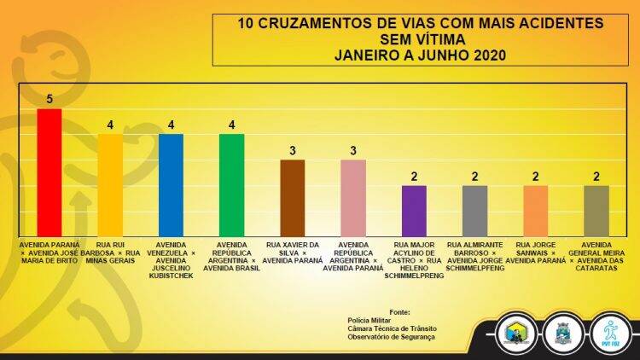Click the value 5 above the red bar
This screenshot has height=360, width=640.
49,99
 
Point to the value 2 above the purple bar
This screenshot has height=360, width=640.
414,177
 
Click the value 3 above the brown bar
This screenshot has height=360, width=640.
293,151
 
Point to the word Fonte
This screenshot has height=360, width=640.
399,312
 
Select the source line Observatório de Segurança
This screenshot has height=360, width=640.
391,337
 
